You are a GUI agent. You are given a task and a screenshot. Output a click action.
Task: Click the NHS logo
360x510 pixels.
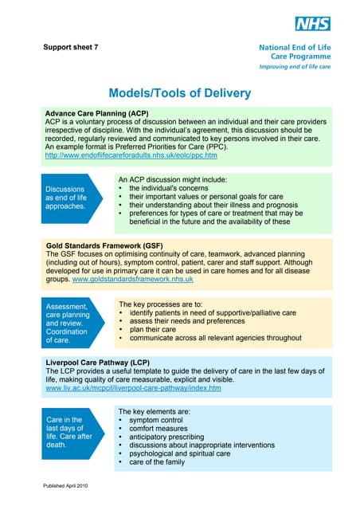click(x=311, y=24)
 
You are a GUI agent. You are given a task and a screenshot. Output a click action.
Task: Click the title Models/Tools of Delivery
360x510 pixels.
click(x=180, y=93)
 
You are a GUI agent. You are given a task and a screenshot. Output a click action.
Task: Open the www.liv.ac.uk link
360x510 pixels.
click(x=132, y=388)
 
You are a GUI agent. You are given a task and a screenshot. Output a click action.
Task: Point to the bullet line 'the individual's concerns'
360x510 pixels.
click(x=174, y=188)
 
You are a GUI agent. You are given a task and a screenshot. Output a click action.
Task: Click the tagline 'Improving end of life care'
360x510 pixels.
click(x=295, y=69)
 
